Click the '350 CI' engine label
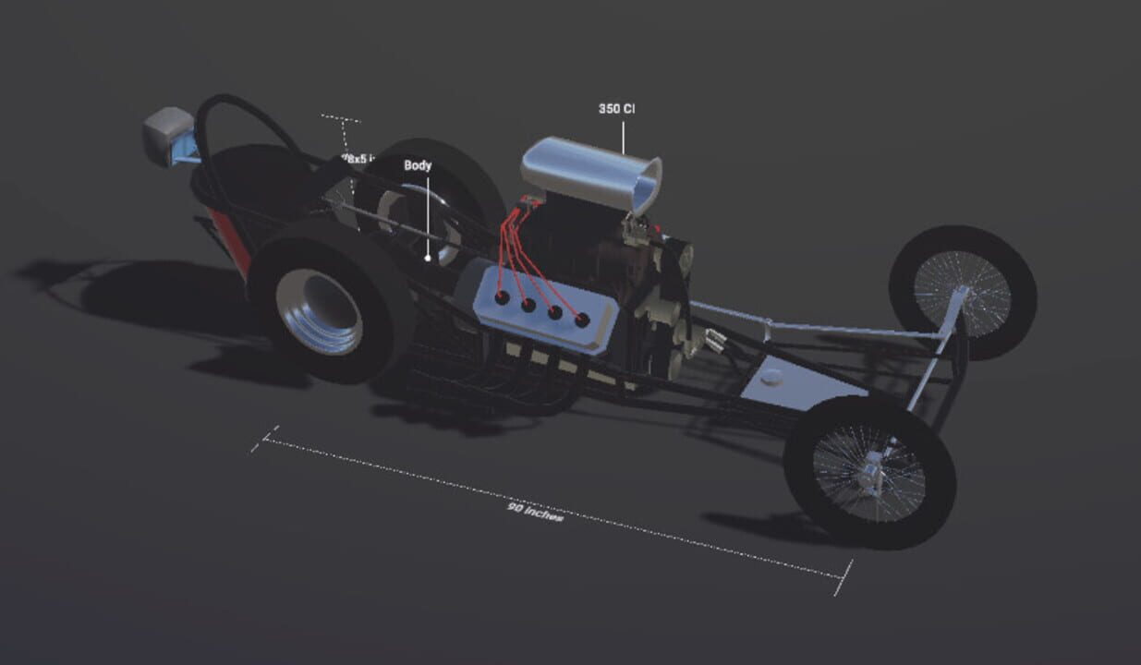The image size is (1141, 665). (x=616, y=109)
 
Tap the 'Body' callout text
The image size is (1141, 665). (x=418, y=166)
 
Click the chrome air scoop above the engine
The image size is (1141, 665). (x=591, y=174)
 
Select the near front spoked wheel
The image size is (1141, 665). (x=868, y=471)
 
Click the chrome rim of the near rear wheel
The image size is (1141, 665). (x=319, y=310)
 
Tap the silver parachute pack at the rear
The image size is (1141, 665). (x=168, y=135)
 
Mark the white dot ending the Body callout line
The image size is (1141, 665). (x=428, y=259)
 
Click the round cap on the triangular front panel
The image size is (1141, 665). (x=771, y=376)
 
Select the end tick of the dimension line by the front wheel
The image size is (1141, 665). (x=843, y=577)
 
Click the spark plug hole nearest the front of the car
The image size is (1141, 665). (x=582, y=320)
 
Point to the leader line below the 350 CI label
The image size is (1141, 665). (x=623, y=135)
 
